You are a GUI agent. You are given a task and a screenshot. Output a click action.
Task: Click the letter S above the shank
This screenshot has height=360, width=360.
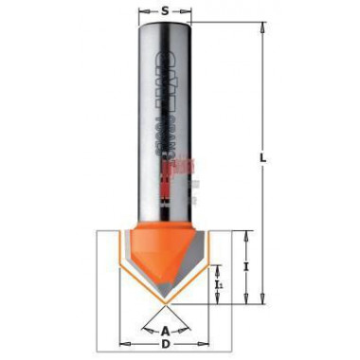coord(165,11)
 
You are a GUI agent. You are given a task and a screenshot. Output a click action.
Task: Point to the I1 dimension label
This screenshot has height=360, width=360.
coord(219,282)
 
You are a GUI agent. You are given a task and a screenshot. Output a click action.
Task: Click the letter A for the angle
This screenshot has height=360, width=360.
coord(166,331)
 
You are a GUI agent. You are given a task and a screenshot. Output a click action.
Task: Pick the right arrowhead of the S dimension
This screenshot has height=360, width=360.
coord(190,11)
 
